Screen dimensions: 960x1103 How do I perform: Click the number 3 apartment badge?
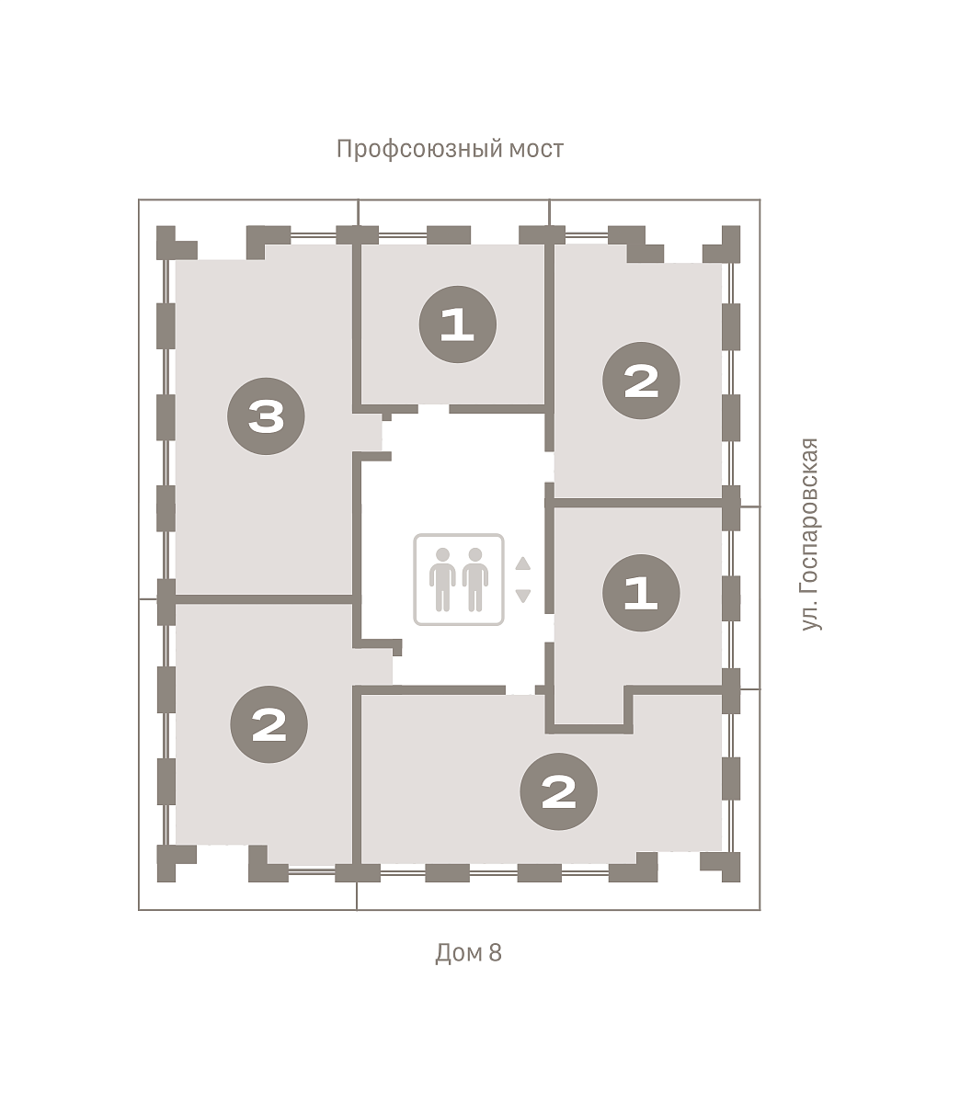click(266, 416)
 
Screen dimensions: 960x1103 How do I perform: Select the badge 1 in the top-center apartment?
click(457, 324)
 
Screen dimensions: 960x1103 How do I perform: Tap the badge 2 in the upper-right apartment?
click(641, 381)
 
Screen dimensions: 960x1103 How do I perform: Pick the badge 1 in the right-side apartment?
click(641, 593)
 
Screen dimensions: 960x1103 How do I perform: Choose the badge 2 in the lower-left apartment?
click(269, 724)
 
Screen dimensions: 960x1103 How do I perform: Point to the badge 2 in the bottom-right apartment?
click(558, 791)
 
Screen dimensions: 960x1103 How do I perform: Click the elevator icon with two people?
click(459, 579)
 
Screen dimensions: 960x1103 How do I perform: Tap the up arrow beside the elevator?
click(522, 563)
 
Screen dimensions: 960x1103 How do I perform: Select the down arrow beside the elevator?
click(522, 596)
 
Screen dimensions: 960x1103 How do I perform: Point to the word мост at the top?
click(536, 149)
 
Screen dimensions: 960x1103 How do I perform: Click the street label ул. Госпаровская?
click(810, 534)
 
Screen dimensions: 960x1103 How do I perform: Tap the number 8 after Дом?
click(495, 952)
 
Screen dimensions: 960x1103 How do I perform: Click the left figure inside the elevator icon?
click(442, 579)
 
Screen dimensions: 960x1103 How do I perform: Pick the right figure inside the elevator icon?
click(475, 579)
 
